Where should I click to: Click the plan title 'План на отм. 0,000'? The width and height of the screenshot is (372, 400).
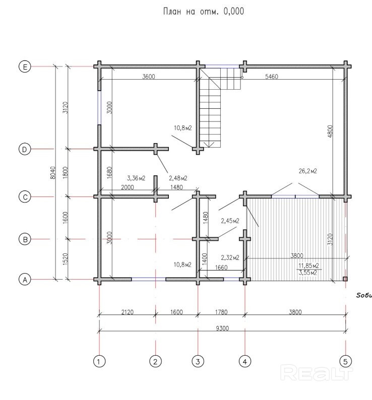coord(204,11)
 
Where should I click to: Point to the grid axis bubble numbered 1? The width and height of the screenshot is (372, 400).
coord(100,361)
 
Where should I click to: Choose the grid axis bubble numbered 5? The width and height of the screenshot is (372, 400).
coord(346,361)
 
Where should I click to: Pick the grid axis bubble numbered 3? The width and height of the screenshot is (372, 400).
coord(198,361)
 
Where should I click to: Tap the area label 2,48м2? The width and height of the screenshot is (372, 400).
coord(178,178)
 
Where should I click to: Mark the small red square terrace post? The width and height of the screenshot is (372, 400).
coord(345,279)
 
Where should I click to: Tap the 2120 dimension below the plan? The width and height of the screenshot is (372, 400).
coord(127,312)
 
